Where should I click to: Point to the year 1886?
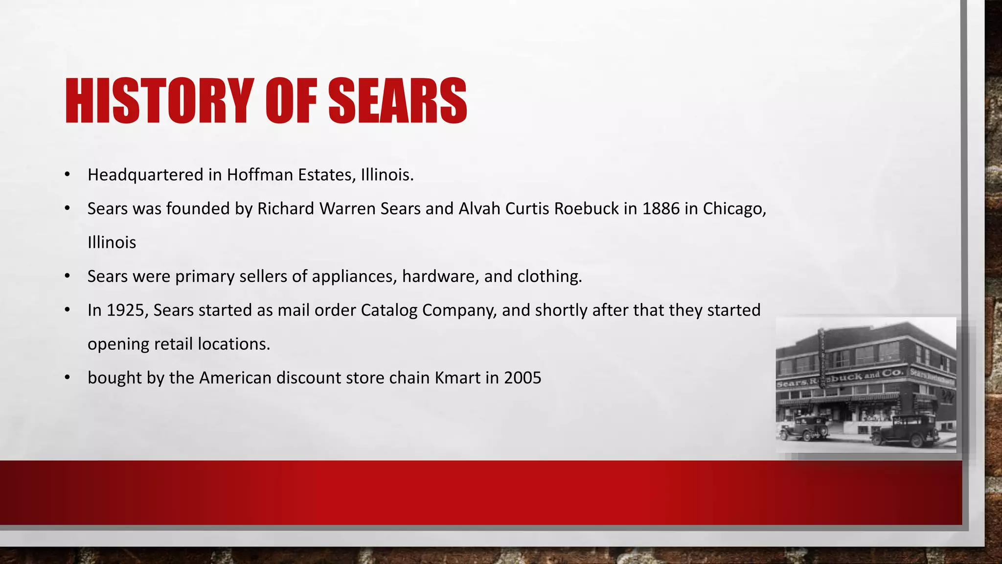click(x=660, y=209)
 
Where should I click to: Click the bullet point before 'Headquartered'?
click(x=68, y=175)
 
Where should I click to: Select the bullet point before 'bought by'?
click(x=68, y=378)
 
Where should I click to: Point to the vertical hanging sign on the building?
click(x=823, y=357)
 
